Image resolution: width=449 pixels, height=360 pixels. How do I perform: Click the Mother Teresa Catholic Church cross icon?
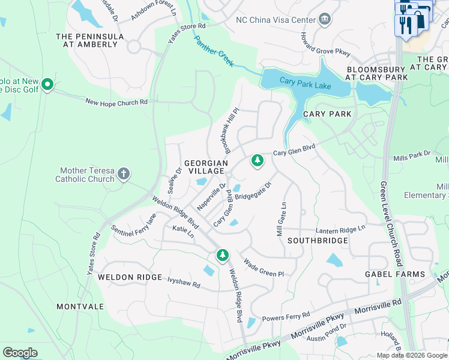(124, 174)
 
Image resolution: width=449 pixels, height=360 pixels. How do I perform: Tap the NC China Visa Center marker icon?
(325, 19)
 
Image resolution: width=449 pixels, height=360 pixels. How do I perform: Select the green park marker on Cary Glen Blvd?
(258, 161)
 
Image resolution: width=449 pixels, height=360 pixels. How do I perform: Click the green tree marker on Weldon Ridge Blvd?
(223, 256)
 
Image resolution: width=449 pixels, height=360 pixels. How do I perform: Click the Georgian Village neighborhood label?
(206, 167)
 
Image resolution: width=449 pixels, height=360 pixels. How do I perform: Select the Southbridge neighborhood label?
(318, 241)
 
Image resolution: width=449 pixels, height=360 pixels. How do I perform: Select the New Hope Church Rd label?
(116, 102)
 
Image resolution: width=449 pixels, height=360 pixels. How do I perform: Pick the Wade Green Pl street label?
(263, 268)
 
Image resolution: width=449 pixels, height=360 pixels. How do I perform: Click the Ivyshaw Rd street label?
(184, 283)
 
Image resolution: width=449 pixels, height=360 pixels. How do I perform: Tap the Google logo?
(20, 352)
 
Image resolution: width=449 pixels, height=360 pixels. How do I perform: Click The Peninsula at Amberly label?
(90, 40)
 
